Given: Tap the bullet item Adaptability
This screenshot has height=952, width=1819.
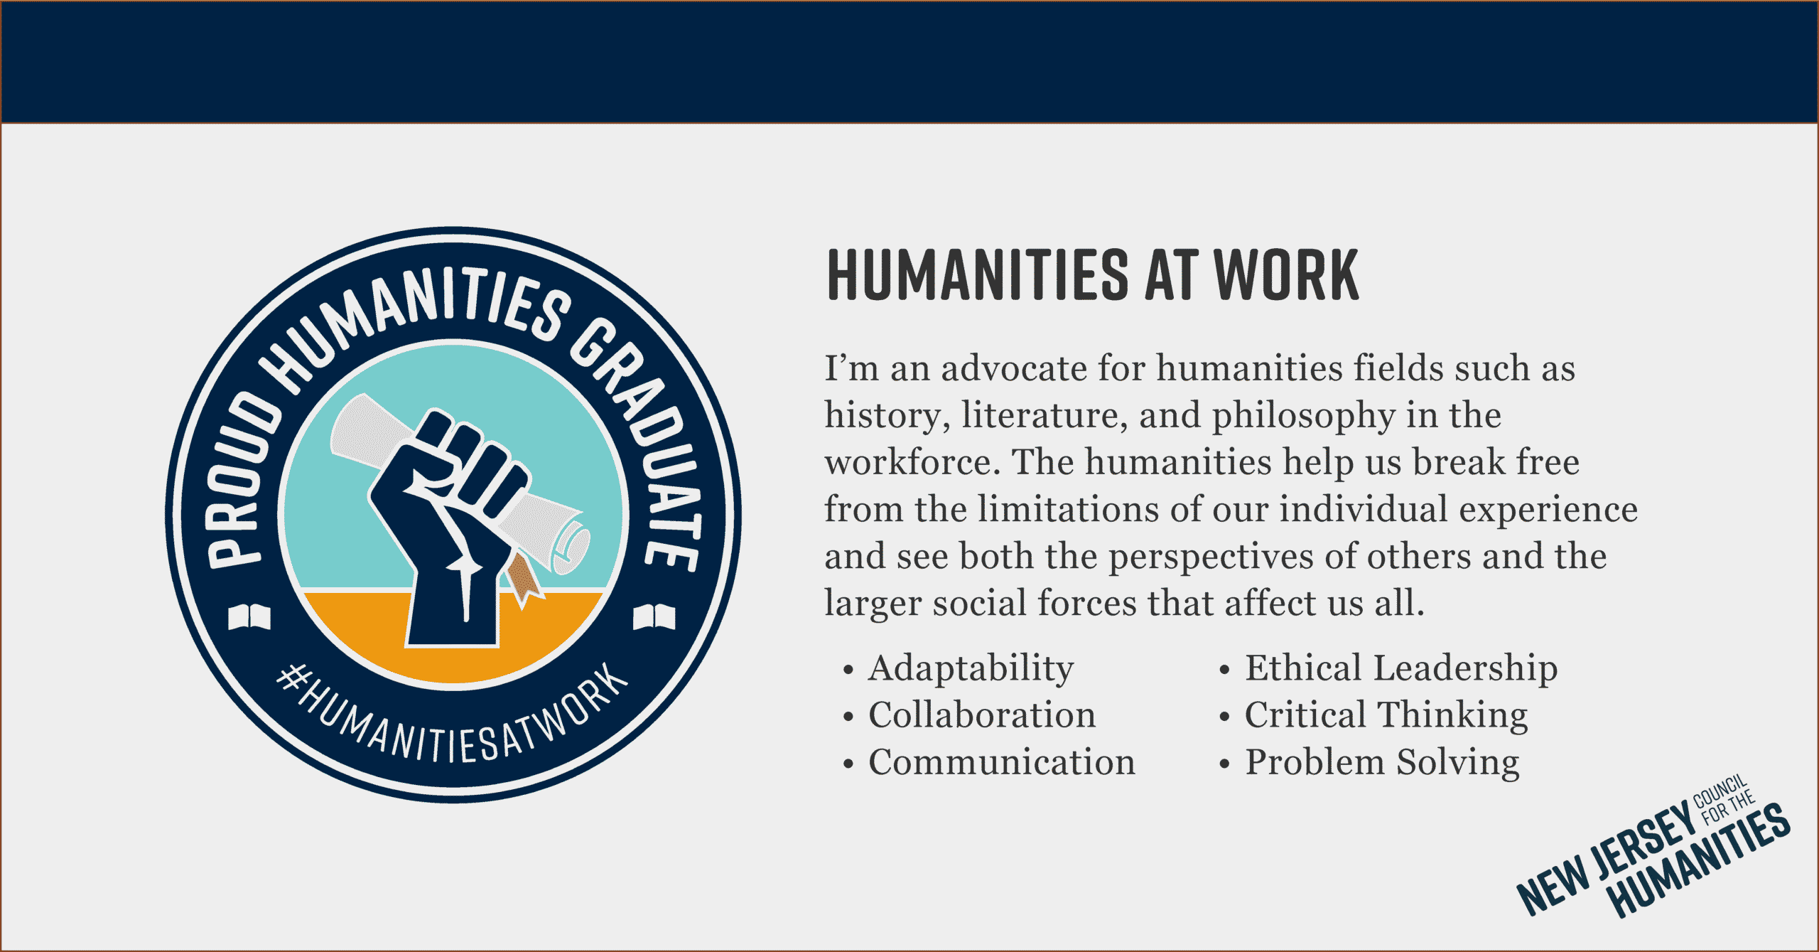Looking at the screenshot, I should click(971, 668).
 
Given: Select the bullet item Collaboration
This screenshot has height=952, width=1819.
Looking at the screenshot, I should click(982, 715).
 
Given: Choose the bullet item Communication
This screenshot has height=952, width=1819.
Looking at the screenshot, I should click(1002, 762).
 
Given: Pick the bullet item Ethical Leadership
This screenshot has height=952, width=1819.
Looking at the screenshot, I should click(1401, 668).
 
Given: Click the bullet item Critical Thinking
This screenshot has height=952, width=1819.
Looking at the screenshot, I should click(1386, 715).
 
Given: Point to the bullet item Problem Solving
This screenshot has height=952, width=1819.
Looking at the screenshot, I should click(1382, 762).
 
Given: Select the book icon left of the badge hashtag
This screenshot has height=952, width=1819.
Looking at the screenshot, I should click(249, 616).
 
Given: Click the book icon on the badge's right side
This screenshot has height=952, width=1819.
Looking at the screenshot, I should click(654, 616).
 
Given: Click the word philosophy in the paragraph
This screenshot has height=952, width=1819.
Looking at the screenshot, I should click(1302, 416).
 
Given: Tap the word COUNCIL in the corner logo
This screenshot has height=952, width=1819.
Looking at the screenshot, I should click(1720, 791).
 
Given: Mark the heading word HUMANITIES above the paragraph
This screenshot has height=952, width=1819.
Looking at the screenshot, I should click(978, 275).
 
